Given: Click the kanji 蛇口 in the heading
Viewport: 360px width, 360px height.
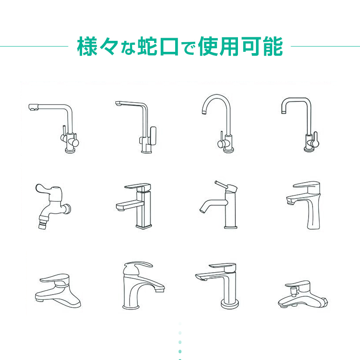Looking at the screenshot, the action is click(158, 46).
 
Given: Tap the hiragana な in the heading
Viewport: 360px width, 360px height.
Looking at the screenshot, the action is click(128, 48).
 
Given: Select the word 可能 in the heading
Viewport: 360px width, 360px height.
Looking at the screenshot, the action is click(263, 46).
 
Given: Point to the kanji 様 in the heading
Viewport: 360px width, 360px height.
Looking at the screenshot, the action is click(87, 46).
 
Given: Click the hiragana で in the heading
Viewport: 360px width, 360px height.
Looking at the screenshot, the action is click(188, 48).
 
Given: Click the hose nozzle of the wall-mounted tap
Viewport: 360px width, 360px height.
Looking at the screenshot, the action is click(43, 223).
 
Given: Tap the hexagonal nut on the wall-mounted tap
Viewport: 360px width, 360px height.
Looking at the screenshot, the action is click(68, 209).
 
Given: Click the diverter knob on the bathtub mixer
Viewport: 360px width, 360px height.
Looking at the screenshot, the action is click(293, 291).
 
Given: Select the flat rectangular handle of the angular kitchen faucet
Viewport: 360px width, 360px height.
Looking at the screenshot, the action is click(153, 136).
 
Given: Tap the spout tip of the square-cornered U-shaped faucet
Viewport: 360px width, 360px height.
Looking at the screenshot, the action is click(284, 112).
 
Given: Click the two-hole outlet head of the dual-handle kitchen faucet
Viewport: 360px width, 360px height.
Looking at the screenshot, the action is click(33, 107).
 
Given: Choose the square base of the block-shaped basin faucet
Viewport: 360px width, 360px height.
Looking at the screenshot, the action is click(144, 227).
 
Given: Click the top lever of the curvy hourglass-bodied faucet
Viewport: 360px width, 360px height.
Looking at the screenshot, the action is click(306, 184).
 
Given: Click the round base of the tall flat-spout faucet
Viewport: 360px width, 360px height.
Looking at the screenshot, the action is click(230, 305).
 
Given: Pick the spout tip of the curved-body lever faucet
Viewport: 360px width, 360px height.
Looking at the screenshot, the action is click(160, 290).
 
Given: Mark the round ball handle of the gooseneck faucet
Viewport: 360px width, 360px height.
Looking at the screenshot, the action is click(221, 144).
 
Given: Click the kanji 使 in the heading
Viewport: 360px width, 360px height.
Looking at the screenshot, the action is click(208, 46).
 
